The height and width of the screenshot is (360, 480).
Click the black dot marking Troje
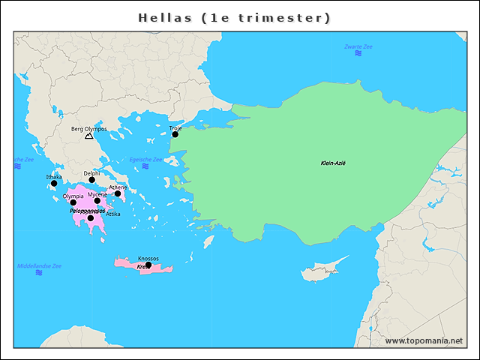click(x=175, y=134)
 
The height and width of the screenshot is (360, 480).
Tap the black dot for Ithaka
click(x=54, y=183)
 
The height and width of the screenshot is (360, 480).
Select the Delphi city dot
click(x=92, y=180)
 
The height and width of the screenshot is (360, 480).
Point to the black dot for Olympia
click(x=73, y=202)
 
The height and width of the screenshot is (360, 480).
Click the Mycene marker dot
click(x=97, y=201)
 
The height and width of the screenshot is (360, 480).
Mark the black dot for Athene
click(x=118, y=193)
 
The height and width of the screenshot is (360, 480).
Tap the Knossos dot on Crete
click(x=148, y=265)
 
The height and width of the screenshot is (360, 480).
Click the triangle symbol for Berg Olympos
click(x=89, y=136)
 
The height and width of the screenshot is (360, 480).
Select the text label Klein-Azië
click(x=333, y=163)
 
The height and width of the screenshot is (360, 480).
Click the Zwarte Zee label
click(x=358, y=46)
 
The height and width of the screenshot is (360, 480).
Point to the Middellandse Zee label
click(x=39, y=265)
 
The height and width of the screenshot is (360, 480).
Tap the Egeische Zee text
click(x=145, y=160)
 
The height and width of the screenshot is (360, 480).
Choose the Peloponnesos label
click(x=87, y=211)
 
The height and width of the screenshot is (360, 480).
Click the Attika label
click(x=112, y=214)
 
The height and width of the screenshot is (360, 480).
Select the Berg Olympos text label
click(x=88, y=129)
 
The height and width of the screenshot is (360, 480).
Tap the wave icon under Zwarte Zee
click(x=358, y=54)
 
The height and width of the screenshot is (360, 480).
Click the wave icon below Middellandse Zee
click(x=39, y=273)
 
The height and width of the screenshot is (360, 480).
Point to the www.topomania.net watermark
click(x=424, y=340)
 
